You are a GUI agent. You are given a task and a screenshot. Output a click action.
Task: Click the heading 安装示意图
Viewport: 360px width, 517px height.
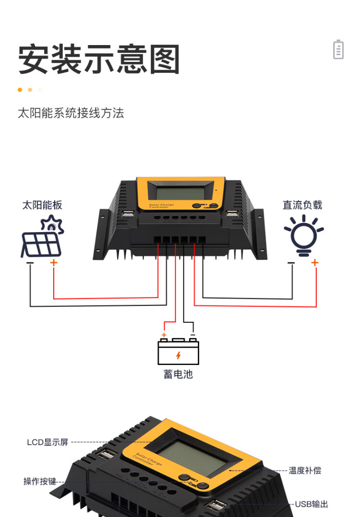[99, 59]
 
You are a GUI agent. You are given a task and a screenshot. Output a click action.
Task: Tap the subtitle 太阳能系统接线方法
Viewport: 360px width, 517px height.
[71, 113]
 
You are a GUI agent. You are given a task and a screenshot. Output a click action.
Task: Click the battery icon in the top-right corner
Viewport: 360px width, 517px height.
[338, 49]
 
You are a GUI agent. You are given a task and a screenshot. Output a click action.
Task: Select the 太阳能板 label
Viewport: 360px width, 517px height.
[42, 205]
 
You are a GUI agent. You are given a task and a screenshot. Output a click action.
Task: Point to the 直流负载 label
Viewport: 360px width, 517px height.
[302, 205]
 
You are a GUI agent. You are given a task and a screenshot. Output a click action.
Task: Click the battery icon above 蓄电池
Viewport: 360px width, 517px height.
[178, 351]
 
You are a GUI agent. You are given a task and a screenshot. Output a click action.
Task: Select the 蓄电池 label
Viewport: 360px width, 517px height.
[178, 374]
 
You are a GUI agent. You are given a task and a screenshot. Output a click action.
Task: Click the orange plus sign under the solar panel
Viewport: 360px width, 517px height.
[53, 262]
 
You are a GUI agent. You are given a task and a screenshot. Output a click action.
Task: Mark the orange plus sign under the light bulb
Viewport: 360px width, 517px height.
[315, 262]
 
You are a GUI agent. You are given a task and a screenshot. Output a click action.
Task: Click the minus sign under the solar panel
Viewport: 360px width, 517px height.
[30, 263]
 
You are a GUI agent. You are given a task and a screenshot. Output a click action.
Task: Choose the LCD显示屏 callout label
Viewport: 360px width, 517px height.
[48, 442]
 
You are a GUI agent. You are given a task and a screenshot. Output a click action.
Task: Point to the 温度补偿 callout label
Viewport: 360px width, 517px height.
[305, 470]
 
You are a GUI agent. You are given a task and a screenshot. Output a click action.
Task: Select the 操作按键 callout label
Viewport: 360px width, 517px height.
[40, 481]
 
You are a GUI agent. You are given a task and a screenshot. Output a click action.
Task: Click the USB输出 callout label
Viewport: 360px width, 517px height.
[312, 504]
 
